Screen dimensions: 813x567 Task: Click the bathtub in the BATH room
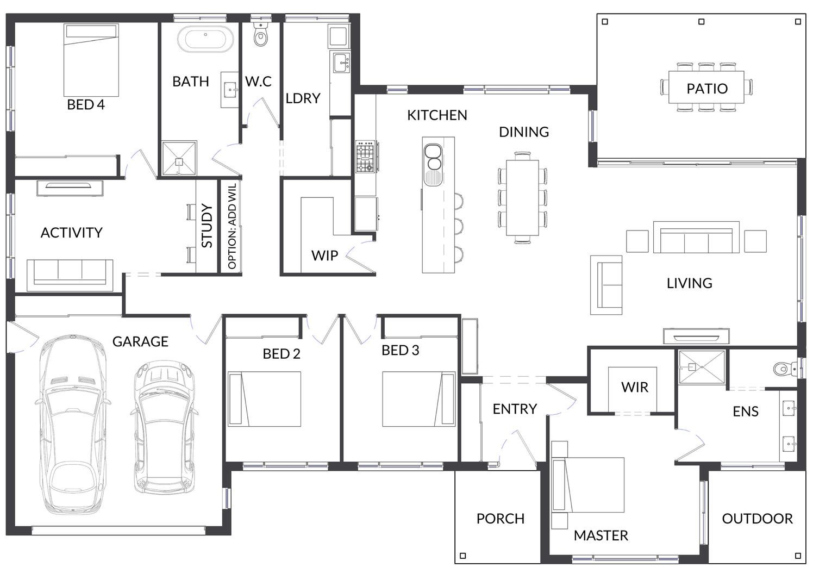205,39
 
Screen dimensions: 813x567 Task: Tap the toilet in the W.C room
261,34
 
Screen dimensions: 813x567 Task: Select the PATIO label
707,89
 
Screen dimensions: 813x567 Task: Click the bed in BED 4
91,60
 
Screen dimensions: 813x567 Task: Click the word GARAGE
140,341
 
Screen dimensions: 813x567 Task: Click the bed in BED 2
264,398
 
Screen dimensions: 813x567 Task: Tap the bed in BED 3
419,398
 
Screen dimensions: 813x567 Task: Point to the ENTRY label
515,409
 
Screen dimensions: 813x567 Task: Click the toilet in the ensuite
785,369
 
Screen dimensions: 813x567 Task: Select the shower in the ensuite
702,366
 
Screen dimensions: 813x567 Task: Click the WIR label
635,387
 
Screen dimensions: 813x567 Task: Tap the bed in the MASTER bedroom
587,484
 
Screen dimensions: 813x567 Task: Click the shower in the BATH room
179,158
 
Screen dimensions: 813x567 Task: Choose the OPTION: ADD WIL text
232,226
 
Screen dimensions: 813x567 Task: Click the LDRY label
303,98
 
